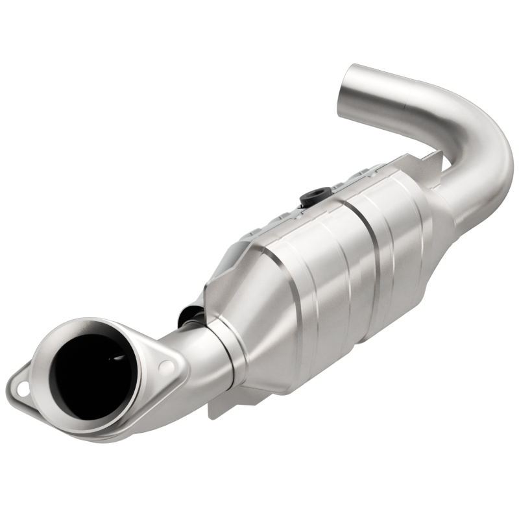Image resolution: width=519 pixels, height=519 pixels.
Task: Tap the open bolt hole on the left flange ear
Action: point(23,390)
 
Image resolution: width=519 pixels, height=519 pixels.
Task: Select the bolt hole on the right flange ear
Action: point(169,367)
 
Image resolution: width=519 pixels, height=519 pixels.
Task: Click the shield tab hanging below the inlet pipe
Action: point(221,405)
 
